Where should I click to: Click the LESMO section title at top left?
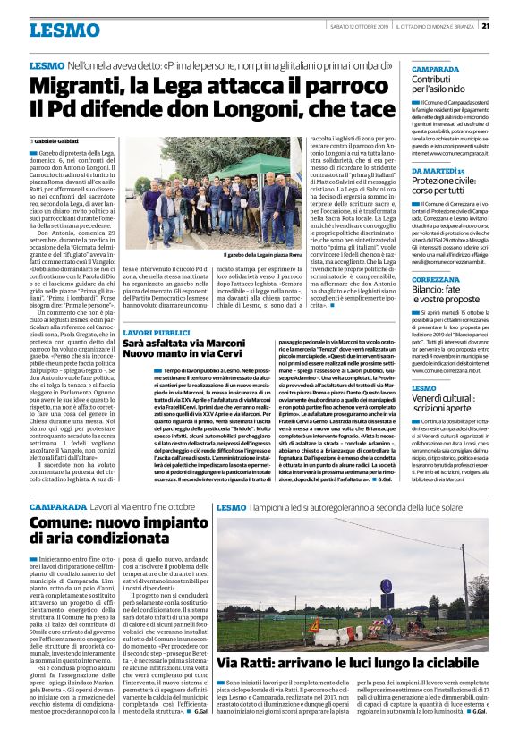point(64,30)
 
